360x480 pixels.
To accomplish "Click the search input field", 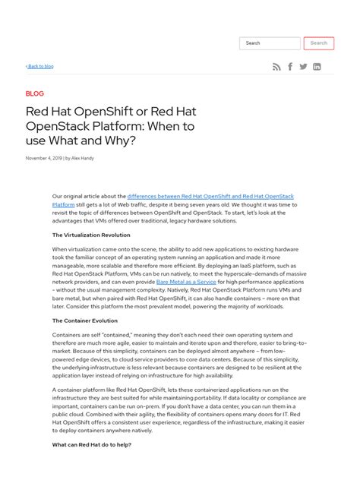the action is (270, 43).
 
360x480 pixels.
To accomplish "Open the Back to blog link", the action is (39, 67).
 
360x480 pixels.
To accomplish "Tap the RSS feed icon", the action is (276, 67).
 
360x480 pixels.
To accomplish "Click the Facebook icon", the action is (290, 67).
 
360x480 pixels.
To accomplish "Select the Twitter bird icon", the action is (303, 67).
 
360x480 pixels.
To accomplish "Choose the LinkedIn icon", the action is (317, 67).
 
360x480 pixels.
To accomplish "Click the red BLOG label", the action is (35, 94).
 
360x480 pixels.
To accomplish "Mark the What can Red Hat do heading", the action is (91, 444).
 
